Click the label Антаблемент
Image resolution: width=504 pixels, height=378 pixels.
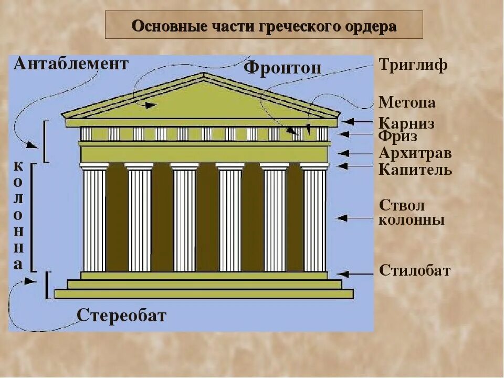[71, 64]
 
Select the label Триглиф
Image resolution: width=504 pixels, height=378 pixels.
[413, 66]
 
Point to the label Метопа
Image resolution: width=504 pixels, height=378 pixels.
[407, 102]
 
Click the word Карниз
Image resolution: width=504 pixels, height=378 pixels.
[406, 124]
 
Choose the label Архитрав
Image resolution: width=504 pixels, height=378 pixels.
[415, 154]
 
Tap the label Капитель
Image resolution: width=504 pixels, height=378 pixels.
[415, 170]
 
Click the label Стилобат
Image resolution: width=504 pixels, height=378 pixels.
[415, 271]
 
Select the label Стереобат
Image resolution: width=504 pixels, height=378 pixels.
[122, 316]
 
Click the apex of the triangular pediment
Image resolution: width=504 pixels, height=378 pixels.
[204, 74]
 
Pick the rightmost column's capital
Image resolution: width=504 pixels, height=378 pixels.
[314, 166]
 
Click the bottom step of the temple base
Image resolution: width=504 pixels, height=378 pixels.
[204, 294]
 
